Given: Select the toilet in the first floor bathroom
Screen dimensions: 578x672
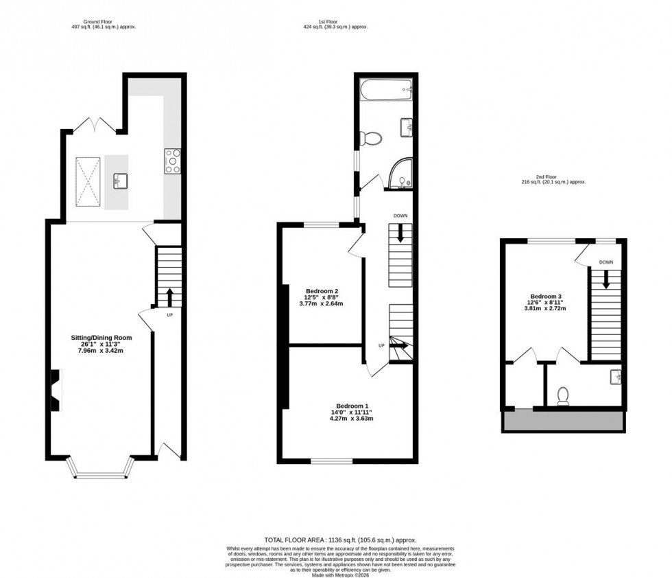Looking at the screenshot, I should (371, 138).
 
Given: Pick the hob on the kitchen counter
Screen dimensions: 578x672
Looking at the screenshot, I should (171, 160).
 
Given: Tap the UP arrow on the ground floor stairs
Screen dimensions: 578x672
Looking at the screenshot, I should (169, 297).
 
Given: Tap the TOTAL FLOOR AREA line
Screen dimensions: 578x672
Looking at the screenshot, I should (341, 540).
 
